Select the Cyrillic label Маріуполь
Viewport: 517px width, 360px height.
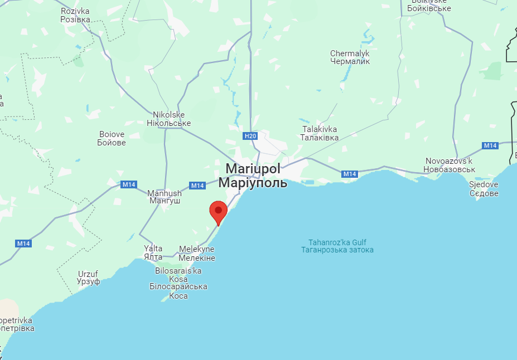click(253, 182)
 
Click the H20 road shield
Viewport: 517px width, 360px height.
click(250, 135)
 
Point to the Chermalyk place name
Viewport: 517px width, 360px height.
click(350, 53)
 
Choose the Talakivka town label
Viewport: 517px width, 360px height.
click(320, 129)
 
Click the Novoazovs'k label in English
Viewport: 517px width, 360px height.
click(449, 160)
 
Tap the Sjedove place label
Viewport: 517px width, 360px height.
click(484, 185)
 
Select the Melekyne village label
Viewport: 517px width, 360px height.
click(197, 250)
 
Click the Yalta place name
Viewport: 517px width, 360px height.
click(153, 249)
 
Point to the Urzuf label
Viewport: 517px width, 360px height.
click(89, 274)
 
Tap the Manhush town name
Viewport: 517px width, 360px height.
click(165, 193)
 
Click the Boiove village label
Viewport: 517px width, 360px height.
click(112, 134)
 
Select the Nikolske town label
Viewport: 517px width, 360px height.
click(168, 115)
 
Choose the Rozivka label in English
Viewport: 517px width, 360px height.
click(75, 11)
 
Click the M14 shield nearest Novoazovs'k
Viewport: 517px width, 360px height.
click(490, 145)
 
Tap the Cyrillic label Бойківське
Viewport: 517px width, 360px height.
click(429, 8)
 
